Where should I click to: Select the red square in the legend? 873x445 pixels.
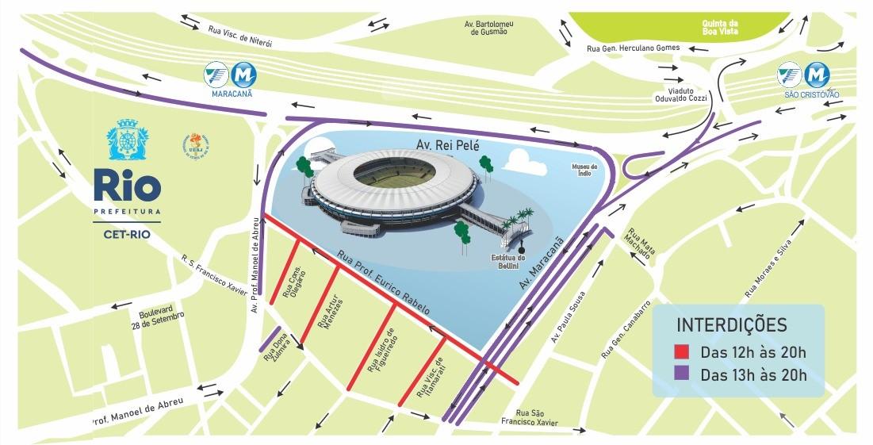(682, 352)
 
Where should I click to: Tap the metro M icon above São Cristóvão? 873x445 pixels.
(815, 75)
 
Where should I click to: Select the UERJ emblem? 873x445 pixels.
(194, 144)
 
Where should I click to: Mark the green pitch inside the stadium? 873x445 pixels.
(394, 176)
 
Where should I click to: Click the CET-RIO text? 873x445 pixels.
(127, 234)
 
